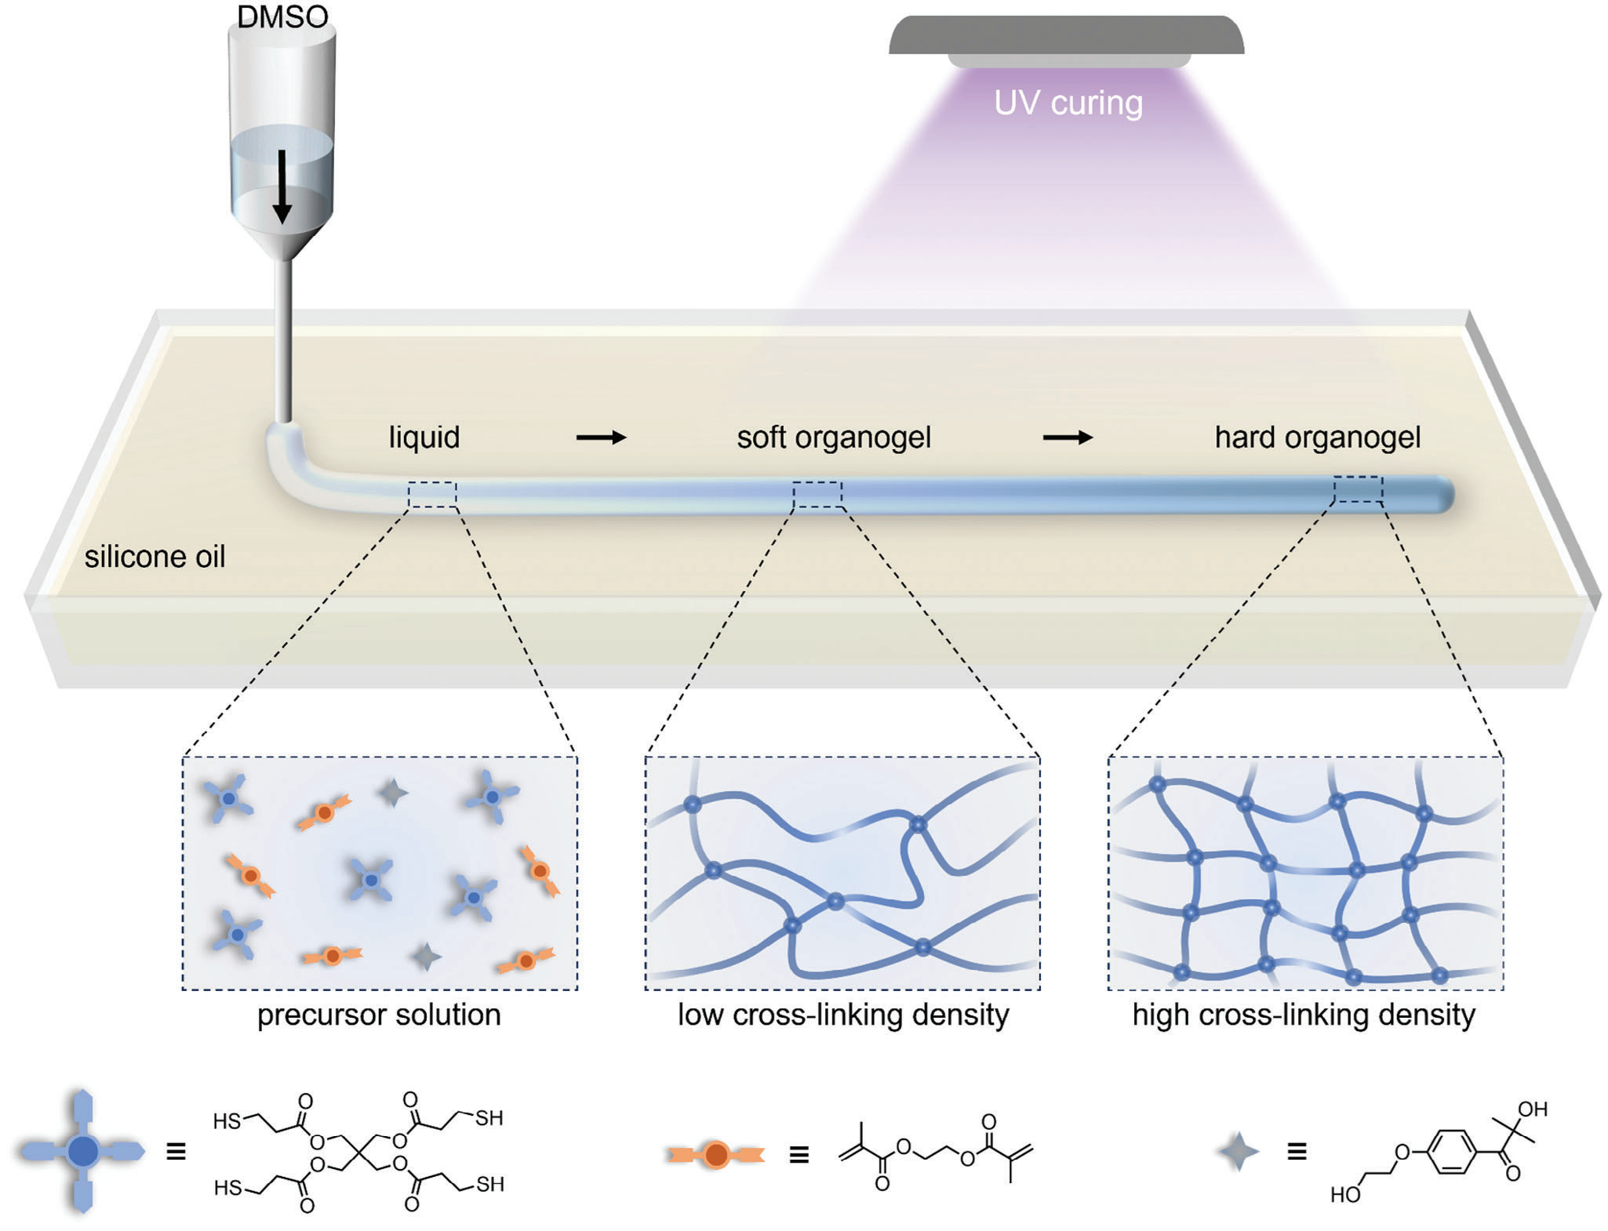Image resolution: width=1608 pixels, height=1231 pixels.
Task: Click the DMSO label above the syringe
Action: click(x=282, y=17)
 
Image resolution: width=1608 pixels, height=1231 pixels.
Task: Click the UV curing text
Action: click(x=1068, y=103)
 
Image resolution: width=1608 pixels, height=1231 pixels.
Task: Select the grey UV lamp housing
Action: click(x=1067, y=35)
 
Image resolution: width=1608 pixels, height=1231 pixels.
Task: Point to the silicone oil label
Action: click(x=155, y=557)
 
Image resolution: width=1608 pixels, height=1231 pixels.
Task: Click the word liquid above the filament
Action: click(x=424, y=438)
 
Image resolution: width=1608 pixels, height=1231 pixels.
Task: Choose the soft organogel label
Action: click(x=834, y=438)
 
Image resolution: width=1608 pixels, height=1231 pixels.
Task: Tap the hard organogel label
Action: click(x=1318, y=438)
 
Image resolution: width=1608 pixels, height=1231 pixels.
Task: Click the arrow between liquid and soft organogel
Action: click(x=602, y=438)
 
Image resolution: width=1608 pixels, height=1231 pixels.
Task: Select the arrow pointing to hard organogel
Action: click(x=1068, y=438)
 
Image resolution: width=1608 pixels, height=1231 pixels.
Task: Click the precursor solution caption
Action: click(x=379, y=1015)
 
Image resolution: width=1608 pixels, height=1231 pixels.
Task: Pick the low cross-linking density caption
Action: click(x=843, y=1015)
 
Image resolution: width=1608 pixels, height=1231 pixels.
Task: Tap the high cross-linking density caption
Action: click(x=1304, y=1015)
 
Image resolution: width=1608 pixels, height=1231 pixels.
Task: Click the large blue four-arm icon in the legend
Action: click(x=82, y=1151)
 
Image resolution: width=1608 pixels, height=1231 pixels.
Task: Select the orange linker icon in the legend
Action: click(x=715, y=1154)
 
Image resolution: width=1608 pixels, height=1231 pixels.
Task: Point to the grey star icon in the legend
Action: click(x=1239, y=1152)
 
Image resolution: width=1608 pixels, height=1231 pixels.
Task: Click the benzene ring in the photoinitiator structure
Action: click(x=1451, y=1152)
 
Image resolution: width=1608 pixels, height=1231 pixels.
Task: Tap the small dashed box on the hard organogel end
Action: click(x=1358, y=489)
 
